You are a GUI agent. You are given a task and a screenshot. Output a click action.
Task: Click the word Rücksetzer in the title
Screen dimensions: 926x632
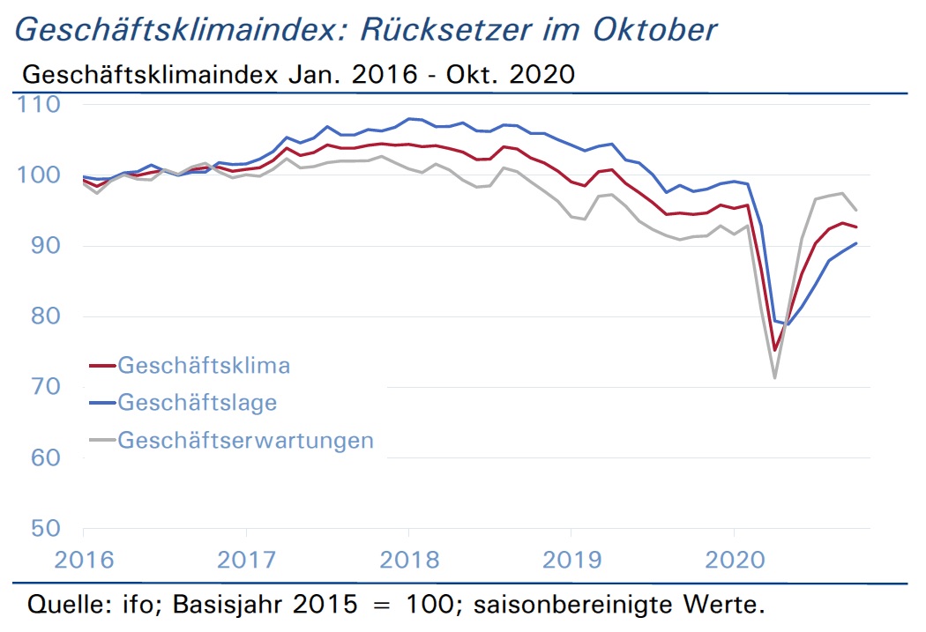click(446, 29)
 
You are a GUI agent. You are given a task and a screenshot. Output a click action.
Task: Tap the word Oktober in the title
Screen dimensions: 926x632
click(655, 29)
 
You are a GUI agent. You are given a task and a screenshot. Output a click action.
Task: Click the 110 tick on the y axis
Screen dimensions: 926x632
click(39, 104)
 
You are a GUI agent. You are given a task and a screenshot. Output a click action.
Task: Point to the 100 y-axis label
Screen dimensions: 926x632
click(39, 175)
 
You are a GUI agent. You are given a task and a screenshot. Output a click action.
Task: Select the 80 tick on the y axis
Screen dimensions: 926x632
click(46, 316)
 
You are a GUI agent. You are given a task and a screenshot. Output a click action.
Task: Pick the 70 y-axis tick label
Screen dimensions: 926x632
click(46, 387)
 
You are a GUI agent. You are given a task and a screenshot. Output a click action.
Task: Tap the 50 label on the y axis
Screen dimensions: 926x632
click(46, 528)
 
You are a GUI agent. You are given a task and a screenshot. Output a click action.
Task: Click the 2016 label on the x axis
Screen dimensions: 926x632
click(84, 560)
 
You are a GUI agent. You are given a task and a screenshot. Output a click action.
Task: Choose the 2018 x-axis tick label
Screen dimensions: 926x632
click(409, 560)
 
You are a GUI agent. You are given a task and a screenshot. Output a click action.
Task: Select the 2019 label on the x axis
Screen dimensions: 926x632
click(571, 560)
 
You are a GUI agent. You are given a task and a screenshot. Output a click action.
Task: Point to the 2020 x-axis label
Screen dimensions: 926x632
click(735, 560)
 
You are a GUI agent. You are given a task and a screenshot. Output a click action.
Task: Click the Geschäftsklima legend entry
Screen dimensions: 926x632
click(190, 366)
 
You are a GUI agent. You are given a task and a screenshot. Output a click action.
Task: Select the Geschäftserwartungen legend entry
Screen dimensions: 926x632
click(231, 440)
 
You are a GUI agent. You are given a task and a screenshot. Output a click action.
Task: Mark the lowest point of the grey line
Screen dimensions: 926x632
click(775, 377)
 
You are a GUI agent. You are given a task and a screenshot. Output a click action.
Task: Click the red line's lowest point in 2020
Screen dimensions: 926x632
click(775, 351)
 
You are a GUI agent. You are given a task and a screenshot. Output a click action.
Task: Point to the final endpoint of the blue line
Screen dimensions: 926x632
click(856, 243)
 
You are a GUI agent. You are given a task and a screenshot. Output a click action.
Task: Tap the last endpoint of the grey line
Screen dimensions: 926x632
click(856, 210)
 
